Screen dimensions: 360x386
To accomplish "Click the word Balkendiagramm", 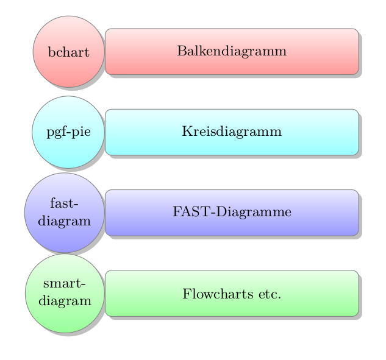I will [x=232, y=51].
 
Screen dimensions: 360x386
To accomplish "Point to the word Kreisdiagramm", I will [x=232, y=132].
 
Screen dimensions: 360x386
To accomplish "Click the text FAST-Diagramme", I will [x=232, y=212].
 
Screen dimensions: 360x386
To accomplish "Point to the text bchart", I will [x=68, y=52].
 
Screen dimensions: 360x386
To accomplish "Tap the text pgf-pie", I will [x=68, y=132].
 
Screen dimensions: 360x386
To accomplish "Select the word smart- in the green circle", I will [x=65, y=284].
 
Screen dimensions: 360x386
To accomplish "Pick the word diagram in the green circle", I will [x=65, y=301].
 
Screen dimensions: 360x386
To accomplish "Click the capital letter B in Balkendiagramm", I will [x=181, y=51].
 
